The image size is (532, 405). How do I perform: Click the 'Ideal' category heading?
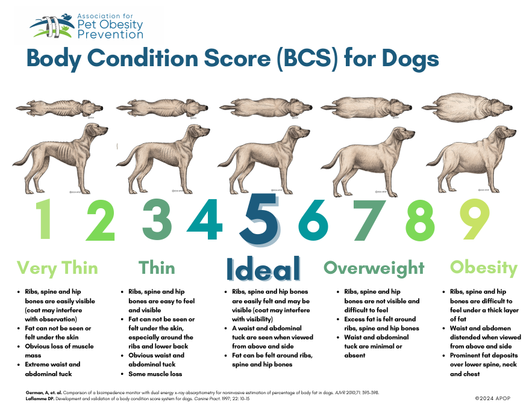263,268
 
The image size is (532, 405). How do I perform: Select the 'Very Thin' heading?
57,267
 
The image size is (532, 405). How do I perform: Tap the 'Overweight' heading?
374,267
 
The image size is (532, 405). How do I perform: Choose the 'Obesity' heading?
484,267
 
